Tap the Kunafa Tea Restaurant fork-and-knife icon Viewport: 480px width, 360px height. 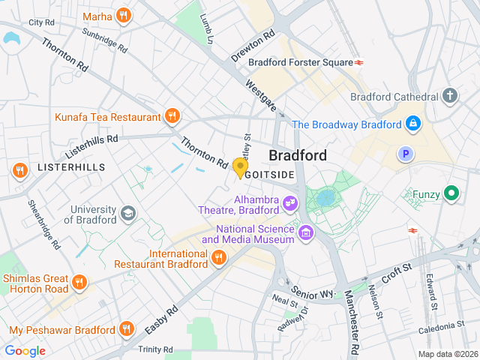tap(172, 116)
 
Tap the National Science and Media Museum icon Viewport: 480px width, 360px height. tap(305, 233)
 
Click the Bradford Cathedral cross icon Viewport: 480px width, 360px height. tap(449, 96)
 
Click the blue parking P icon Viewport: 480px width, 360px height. tap(406, 154)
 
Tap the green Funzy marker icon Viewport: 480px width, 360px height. tap(451, 193)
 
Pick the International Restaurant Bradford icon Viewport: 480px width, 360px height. tap(218, 258)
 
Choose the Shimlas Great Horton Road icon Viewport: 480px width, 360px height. tap(79, 282)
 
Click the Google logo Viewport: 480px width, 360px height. tap(25, 350)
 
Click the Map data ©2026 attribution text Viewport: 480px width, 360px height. tap(447, 354)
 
